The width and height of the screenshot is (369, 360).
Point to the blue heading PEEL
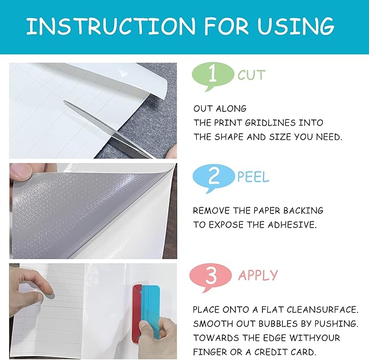pyautogui.click(x=253, y=176)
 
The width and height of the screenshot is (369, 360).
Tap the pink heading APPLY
pyautogui.click(x=258, y=275)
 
